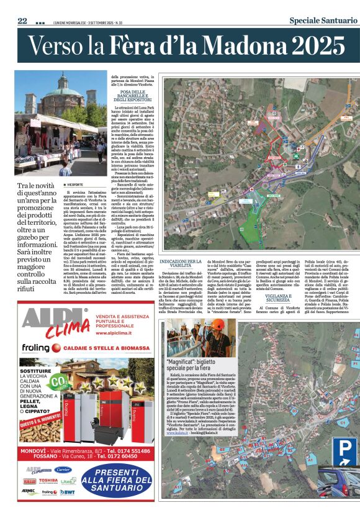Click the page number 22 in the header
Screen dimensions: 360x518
(22, 21)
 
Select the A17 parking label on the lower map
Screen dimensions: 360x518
(178, 488)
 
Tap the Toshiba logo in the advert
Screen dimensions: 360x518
(47, 480)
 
